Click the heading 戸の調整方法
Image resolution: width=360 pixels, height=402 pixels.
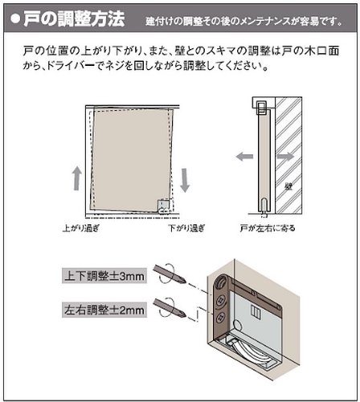[74, 18]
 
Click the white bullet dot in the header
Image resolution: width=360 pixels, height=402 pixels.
[15, 18]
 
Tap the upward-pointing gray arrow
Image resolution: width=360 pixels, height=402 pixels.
[77, 178]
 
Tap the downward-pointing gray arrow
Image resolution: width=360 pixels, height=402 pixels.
[185, 180]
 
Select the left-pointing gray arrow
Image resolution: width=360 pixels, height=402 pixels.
[244, 156]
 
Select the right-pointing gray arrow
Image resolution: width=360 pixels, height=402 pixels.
[285, 156]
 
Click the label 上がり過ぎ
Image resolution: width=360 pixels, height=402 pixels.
[81, 228]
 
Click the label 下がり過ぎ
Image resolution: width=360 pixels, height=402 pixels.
[186, 228]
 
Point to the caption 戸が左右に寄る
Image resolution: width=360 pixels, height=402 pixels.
[268, 228]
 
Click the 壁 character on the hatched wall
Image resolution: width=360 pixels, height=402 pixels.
[288, 187]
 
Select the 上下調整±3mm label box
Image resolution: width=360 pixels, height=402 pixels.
[104, 276]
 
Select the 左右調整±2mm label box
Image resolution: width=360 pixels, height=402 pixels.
[104, 310]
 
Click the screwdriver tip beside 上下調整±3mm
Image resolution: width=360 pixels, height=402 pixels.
[183, 281]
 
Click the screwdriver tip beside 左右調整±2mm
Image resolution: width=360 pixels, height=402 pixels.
[183, 314]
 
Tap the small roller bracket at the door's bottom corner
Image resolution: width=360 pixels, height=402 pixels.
[164, 207]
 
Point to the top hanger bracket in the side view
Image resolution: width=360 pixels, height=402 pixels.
[262, 108]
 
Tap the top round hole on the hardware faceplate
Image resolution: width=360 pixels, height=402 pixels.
[222, 282]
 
